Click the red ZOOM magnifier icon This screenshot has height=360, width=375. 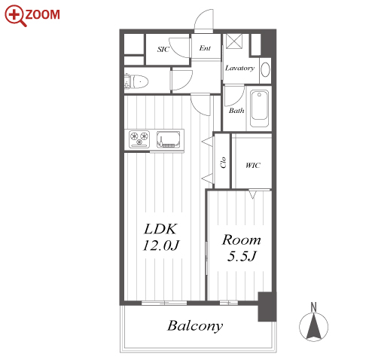pyautogui.click(x=16, y=16)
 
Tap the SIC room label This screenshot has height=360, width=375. pyautogui.click(x=163, y=49)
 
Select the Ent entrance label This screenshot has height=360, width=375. pyautogui.click(x=205, y=48)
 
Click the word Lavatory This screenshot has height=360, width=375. pyautogui.click(x=239, y=68)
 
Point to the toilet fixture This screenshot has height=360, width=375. pyautogui.click(x=136, y=81)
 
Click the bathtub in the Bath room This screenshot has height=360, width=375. pyautogui.click(x=259, y=108)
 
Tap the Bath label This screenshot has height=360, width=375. pyautogui.click(x=236, y=111)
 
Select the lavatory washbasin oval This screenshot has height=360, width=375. pyautogui.click(x=265, y=69)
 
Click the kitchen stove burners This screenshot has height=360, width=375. pyautogui.click(x=139, y=139)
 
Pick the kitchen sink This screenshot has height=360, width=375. pyautogui.click(x=169, y=139)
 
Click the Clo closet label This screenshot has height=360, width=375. pyautogui.click(x=223, y=163)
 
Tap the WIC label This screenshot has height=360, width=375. pyautogui.click(x=253, y=166)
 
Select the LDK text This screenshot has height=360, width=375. pyautogui.click(x=160, y=229)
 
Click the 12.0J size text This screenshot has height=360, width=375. pyautogui.click(x=161, y=246)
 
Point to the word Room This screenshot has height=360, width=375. pyautogui.click(x=242, y=240)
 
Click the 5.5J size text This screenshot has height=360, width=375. pyautogui.click(x=242, y=256)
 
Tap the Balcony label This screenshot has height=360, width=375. pyautogui.click(x=195, y=326)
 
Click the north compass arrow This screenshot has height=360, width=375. pyautogui.click(x=313, y=326)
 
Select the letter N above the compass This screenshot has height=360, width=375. pyautogui.click(x=313, y=307)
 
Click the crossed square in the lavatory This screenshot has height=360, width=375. pyautogui.click(x=234, y=41)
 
